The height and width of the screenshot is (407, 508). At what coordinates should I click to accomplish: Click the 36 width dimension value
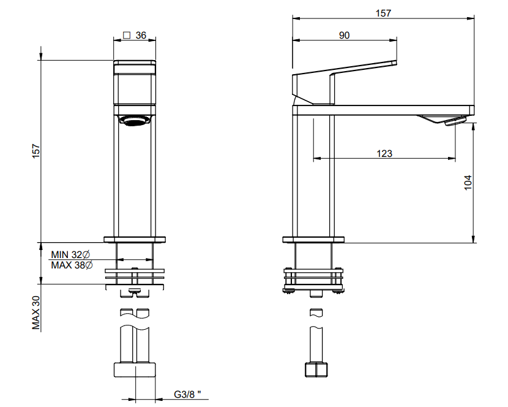tap(141, 35)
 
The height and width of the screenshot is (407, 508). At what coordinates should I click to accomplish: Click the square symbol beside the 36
tap(127, 35)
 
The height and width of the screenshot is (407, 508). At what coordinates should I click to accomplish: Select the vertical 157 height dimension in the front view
tap(35, 151)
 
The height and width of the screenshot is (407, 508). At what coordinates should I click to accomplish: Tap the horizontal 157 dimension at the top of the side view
tap(383, 13)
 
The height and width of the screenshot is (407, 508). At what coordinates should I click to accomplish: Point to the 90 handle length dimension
tap(345, 35)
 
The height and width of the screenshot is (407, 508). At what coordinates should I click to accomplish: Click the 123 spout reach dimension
tap(384, 153)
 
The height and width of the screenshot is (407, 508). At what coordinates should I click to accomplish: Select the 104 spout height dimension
tap(468, 183)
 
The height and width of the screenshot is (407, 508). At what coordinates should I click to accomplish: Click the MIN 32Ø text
tap(70, 254)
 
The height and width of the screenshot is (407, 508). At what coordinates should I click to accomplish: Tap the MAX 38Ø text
tap(72, 265)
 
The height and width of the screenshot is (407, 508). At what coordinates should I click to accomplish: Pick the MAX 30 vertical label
tap(36, 313)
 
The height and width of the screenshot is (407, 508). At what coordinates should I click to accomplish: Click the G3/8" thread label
tap(187, 394)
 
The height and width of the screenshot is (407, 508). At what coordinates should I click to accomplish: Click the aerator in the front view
tap(135, 121)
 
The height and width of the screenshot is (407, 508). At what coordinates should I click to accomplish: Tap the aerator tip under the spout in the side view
tap(455, 122)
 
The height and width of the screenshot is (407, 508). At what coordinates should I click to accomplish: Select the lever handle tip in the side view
tap(394, 63)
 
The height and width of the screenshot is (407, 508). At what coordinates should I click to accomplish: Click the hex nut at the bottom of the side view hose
tap(316, 370)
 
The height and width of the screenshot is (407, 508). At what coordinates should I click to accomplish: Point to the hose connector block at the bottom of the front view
tap(135, 370)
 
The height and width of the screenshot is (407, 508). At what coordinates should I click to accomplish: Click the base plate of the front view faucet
tap(135, 240)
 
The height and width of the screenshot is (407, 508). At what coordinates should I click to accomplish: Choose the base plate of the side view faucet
tap(313, 240)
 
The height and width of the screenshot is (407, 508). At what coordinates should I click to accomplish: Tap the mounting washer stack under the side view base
tap(313, 280)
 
